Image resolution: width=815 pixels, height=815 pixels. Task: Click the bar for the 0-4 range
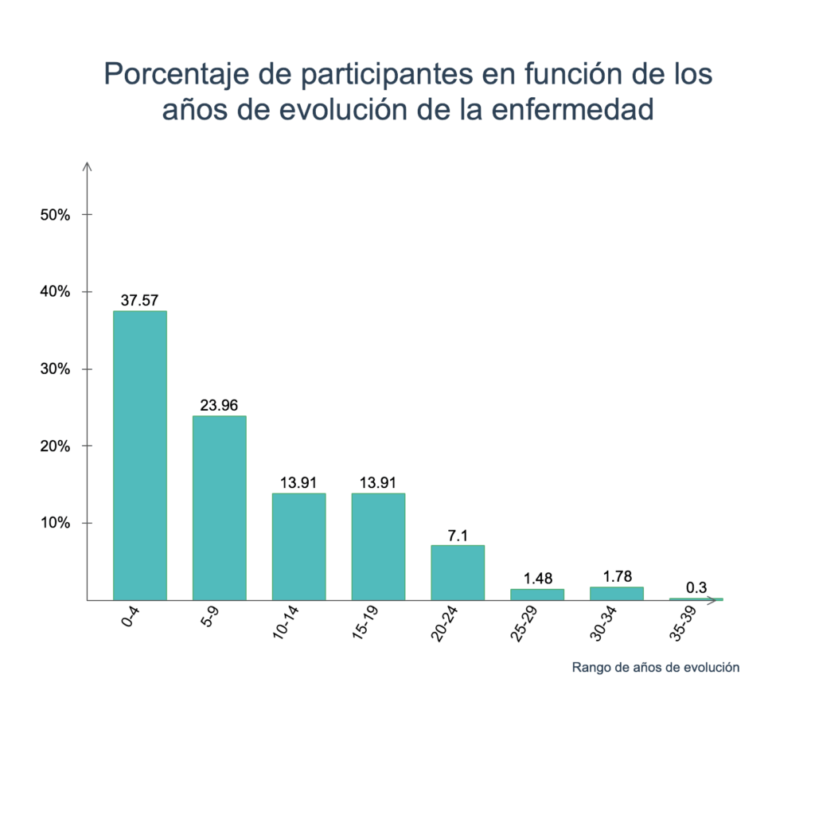tap(140, 454)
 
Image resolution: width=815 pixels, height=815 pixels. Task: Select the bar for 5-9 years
tap(219, 507)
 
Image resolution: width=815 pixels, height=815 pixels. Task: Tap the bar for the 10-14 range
tap(298, 546)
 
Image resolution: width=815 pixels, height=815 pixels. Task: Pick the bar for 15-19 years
tap(378, 546)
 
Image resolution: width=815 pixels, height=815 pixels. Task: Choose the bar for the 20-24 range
tap(458, 572)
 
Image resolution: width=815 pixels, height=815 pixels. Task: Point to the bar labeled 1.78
tap(617, 593)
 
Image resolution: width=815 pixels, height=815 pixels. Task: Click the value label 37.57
tap(140, 300)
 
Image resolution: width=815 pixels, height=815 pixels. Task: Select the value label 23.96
tap(219, 406)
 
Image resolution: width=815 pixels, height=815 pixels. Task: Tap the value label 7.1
tap(458, 535)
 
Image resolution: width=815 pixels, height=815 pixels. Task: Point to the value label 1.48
tap(537, 579)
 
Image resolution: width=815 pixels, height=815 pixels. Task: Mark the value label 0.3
tap(696, 588)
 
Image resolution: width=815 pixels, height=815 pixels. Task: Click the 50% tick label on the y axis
tap(56, 215)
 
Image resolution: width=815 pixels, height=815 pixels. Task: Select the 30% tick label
tap(56, 369)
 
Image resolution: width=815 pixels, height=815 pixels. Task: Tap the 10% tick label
tap(56, 524)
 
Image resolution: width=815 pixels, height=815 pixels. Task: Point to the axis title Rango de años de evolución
tap(655, 668)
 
